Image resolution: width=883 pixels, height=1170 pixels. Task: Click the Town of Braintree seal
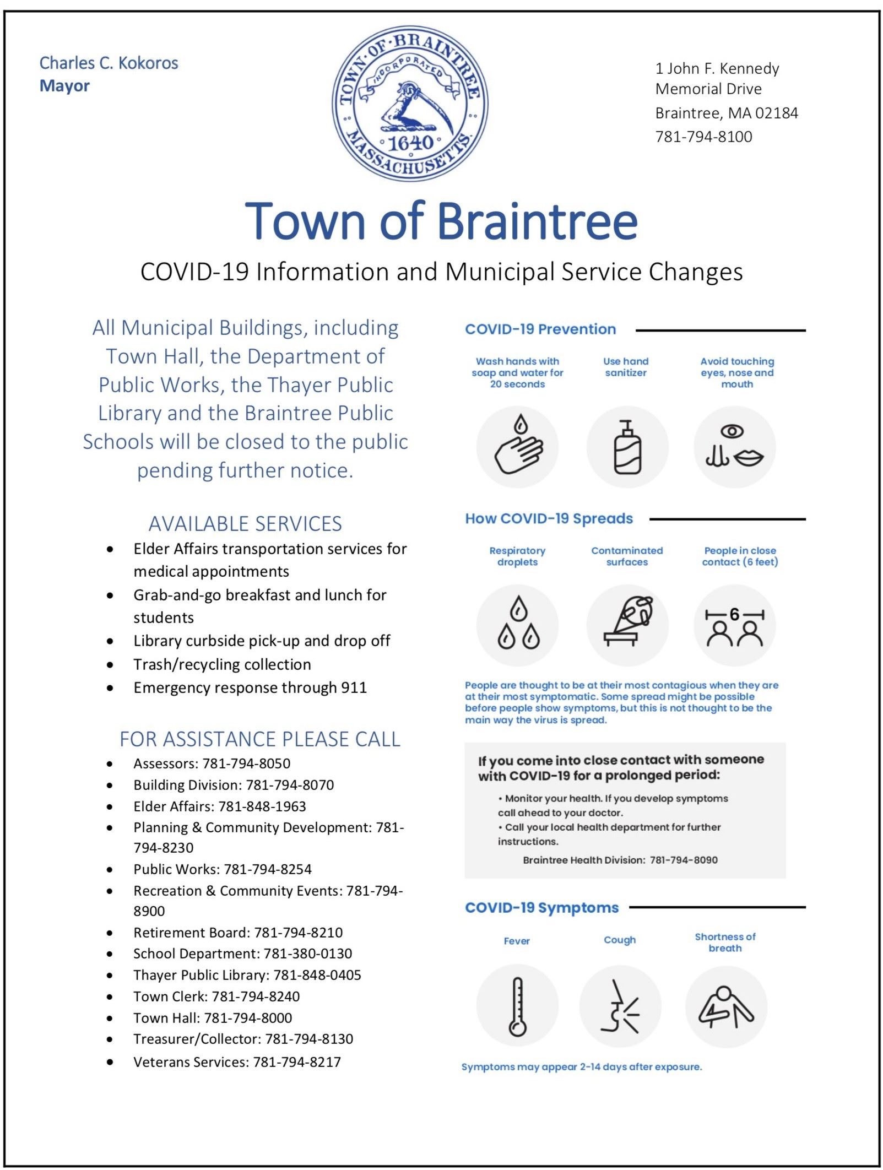(x=410, y=104)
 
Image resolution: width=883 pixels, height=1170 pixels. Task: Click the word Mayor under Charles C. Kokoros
(x=64, y=86)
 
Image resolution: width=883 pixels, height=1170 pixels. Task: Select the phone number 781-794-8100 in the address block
(x=703, y=137)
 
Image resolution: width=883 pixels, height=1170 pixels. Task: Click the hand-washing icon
(x=517, y=447)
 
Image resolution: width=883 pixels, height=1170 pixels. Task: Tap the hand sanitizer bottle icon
(x=627, y=447)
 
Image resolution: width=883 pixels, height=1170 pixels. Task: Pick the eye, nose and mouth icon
(x=734, y=447)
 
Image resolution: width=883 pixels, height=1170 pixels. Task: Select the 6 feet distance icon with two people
(x=734, y=626)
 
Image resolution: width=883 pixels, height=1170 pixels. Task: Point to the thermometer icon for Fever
(x=517, y=1005)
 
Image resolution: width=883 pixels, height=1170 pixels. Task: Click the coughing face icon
(x=620, y=1005)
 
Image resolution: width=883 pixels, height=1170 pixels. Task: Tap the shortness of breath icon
(x=725, y=1005)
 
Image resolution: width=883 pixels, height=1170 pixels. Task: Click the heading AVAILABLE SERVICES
(x=245, y=523)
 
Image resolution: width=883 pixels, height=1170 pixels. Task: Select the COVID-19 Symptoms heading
(x=541, y=907)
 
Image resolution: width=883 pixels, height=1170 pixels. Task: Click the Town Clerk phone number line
(x=216, y=996)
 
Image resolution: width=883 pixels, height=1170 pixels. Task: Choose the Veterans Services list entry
(x=237, y=1061)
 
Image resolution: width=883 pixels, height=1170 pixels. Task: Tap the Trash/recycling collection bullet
(x=222, y=664)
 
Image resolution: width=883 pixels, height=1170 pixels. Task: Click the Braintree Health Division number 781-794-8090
(x=684, y=860)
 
